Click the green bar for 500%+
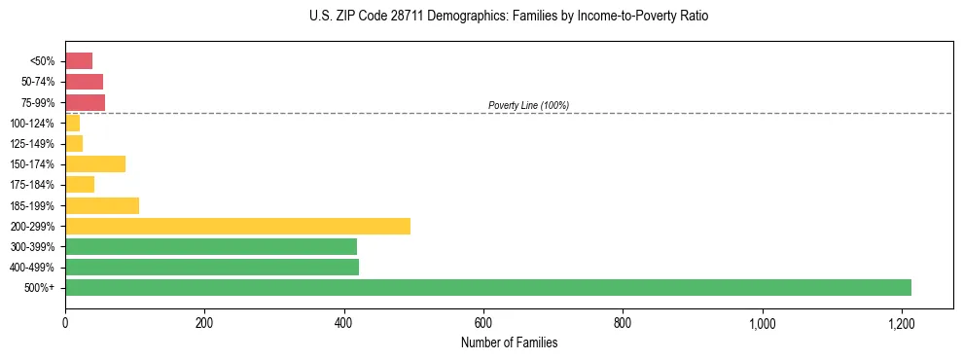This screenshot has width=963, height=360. pyautogui.click(x=487, y=287)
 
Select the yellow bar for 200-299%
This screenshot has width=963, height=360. pyautogui.click(x=237, y=226)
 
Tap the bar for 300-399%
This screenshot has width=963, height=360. pyautogui.click(x=211, y=246)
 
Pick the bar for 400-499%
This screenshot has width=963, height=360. pyautogui.click(x=212, y=267)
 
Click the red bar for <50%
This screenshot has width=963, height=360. pyautogui.click(x=79, y=61)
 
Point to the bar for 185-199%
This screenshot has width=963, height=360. pyautogui.click(x=102, y=205)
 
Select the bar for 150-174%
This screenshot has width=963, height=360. pyautogui.click(x=95, y=163)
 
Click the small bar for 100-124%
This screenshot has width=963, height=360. pyautogui.click(x=73, y=123)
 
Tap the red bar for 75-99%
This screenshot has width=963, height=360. pyautogui.click(x=85, y=102)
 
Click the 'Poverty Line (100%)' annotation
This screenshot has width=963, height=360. pyautogui.click(x=528, y=105)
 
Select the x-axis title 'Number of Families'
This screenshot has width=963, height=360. pyautogui.click(x=509, y=342)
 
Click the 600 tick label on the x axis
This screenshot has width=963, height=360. pyautogui.click(x=483, y=322)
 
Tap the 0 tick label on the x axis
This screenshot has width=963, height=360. pyautogui.click(x=65, y=322)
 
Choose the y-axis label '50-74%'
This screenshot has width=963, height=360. pyautogui.click(x=40, y=82)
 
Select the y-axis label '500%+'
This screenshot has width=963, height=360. pyautogui.click(x=40, y=288)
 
